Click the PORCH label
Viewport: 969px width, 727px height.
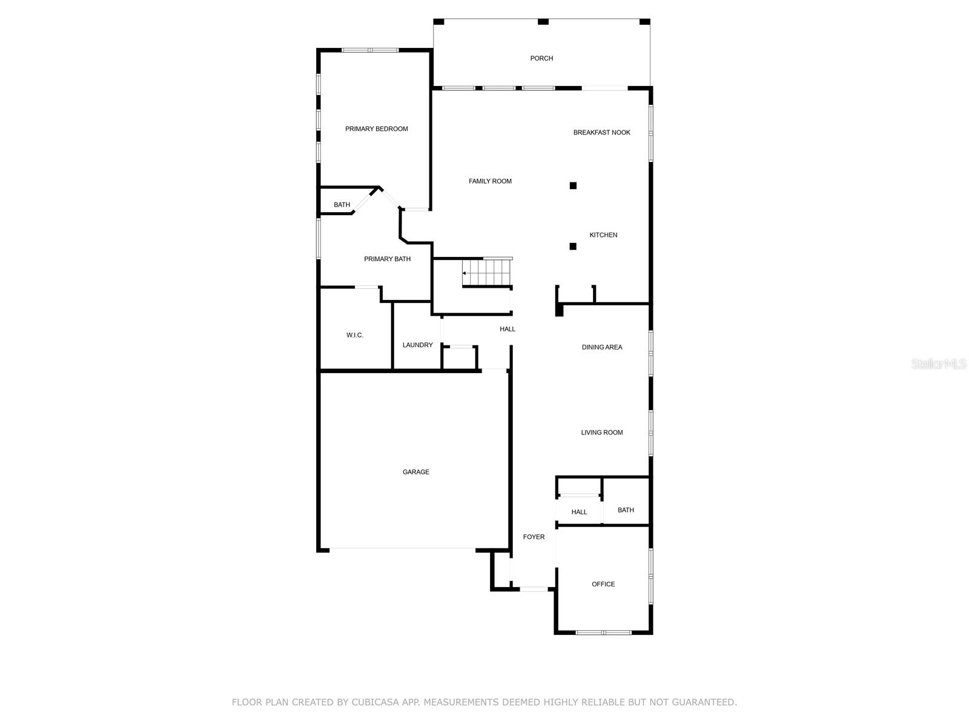[x=541, y=58]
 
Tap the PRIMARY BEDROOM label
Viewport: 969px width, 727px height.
[x=376, y=128]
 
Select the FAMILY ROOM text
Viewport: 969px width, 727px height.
[x=490, y=181]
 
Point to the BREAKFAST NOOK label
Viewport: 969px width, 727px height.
[x=601, y=132]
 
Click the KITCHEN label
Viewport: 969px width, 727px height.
[x=603, y=235]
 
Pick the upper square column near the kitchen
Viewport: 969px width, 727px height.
[x=573, y=185]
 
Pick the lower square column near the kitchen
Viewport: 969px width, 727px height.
[x=573, y=246]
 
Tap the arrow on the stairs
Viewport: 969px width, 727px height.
[x=465, y=273]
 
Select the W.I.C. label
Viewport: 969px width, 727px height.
[x=355, y=335]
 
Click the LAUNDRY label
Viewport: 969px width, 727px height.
[x=417, y=345]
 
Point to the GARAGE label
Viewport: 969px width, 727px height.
[x=415, y=472]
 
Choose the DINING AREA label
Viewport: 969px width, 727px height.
[x=601, y=347]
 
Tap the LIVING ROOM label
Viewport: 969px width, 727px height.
[x=601, y=433]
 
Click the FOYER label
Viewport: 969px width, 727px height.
[x=534, y=537]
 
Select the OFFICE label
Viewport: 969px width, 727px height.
[x=603, y=584]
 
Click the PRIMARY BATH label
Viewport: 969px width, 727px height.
[x=387, y=259]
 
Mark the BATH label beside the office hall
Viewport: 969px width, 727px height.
[x=626, y=510]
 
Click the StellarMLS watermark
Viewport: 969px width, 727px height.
[x=939, y=364]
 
